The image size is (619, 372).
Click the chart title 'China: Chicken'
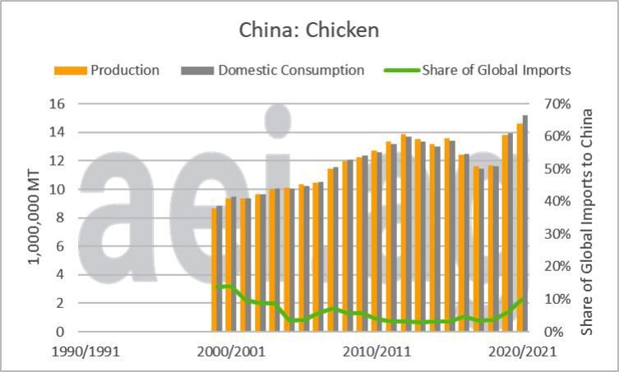(309, 30)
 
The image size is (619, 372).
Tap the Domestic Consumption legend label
(291, 71)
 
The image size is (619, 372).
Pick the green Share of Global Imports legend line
(401, 71)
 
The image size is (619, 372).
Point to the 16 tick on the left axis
(57, 103)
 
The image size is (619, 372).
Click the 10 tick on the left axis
(57, 189)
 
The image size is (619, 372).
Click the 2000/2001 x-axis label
(231, 351)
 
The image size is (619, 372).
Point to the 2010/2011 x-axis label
(377, 351)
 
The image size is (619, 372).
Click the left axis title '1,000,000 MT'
(35, 218)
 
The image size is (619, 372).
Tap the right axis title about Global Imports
(587, 218)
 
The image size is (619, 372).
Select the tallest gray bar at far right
(525, 223)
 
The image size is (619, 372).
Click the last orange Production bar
(520, 227)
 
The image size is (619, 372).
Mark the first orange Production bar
(214, 269)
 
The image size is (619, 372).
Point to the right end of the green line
(523, 299)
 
